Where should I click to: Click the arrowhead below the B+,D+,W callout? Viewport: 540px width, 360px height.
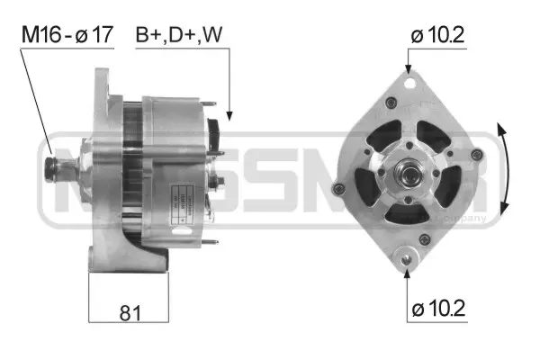click(x=229, y=115)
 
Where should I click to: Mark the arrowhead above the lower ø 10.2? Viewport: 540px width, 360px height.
click(x=408, y=265)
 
